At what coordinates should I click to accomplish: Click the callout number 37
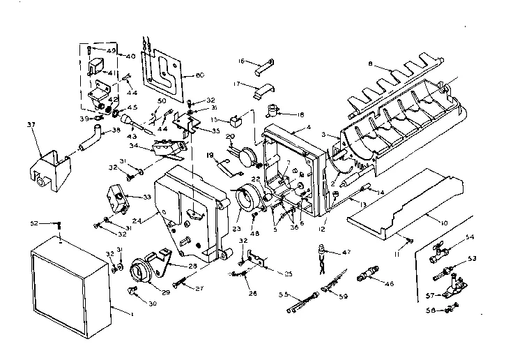(x=30, y=126)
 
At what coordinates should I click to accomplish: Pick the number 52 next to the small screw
(x=33, y=223)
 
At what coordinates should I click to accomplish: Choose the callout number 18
(x=300, y=114)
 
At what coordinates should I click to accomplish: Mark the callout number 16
(x=240, y=61)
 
